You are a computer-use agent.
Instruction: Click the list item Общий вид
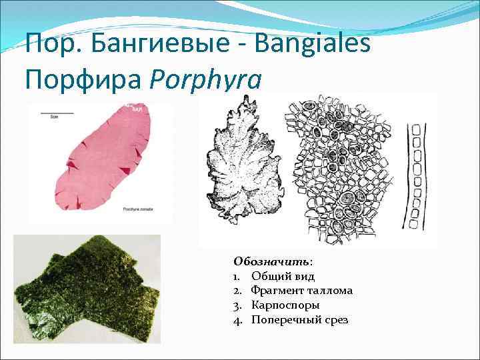[x=283, y=276]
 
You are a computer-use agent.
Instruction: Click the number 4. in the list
[x=237, y=320]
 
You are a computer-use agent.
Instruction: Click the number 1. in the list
[x=237, y=276]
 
